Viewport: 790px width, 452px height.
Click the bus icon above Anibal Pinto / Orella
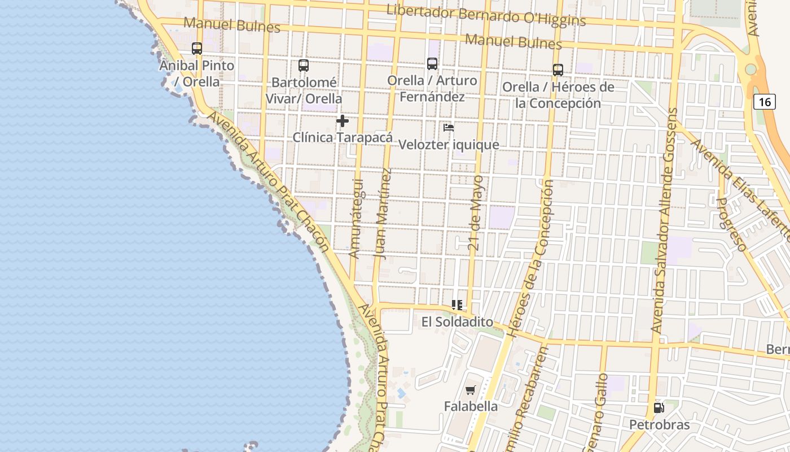(x=197, y=49)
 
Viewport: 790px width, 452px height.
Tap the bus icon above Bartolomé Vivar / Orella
(x=304, y=66)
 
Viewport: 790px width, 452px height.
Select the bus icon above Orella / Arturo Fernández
(x=432, y=64)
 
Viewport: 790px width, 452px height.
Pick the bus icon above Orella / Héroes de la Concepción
(x=558, y=70)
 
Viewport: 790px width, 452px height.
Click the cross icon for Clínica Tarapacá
(x=342, y=121)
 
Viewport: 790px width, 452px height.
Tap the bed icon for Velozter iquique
(x=449, y=128)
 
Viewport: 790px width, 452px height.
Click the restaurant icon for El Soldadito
(x=457, y=306)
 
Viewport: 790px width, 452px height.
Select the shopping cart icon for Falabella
(x=471, y=390)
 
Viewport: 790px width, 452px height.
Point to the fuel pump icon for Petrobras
(x=659, y=407)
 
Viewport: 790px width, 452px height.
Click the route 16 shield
(x=764, y=102)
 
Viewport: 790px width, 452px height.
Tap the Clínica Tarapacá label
(x=343, y=137)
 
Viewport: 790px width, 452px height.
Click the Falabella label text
(x=471, y=406)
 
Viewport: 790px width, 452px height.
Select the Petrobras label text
(x=659, y=424)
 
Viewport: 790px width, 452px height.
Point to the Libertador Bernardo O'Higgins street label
(x=486, y=15)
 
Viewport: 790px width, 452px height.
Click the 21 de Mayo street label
(x=477, y=213)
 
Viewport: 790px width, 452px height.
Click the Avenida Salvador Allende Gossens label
(x=664, y=220)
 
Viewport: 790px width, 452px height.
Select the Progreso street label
(x=731, y=224)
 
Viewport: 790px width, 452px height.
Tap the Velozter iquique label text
(x=449, y=145)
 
